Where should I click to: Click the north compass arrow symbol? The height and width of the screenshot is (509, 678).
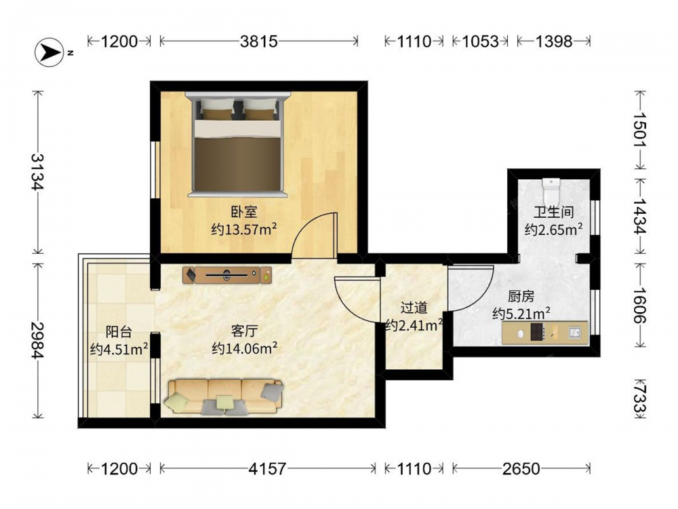[49, 52]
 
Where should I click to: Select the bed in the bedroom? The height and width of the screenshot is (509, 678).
[237, 145]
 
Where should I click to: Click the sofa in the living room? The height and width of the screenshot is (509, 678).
[224, 396]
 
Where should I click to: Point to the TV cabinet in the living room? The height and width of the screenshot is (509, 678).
[227, 275]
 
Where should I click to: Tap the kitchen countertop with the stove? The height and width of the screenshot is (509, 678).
[545, 333]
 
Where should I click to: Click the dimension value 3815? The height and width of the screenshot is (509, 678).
[258, 41]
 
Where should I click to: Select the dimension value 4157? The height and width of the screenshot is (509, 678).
[267, 469]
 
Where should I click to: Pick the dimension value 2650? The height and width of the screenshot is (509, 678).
[521, 469]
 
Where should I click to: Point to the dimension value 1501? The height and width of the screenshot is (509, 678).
[641, 130]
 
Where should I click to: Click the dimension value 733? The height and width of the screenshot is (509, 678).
[641, 398]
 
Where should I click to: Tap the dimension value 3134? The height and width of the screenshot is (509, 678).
[37, 172]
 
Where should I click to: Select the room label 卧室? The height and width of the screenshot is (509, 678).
[244, 212]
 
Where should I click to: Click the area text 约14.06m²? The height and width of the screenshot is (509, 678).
[244, 348]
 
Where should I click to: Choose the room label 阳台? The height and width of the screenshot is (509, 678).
[119, 332]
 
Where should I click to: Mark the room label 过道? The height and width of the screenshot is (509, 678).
[414, 307]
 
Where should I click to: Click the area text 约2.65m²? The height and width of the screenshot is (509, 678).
[553, 229]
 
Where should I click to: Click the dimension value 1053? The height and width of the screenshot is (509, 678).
[481, 41]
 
